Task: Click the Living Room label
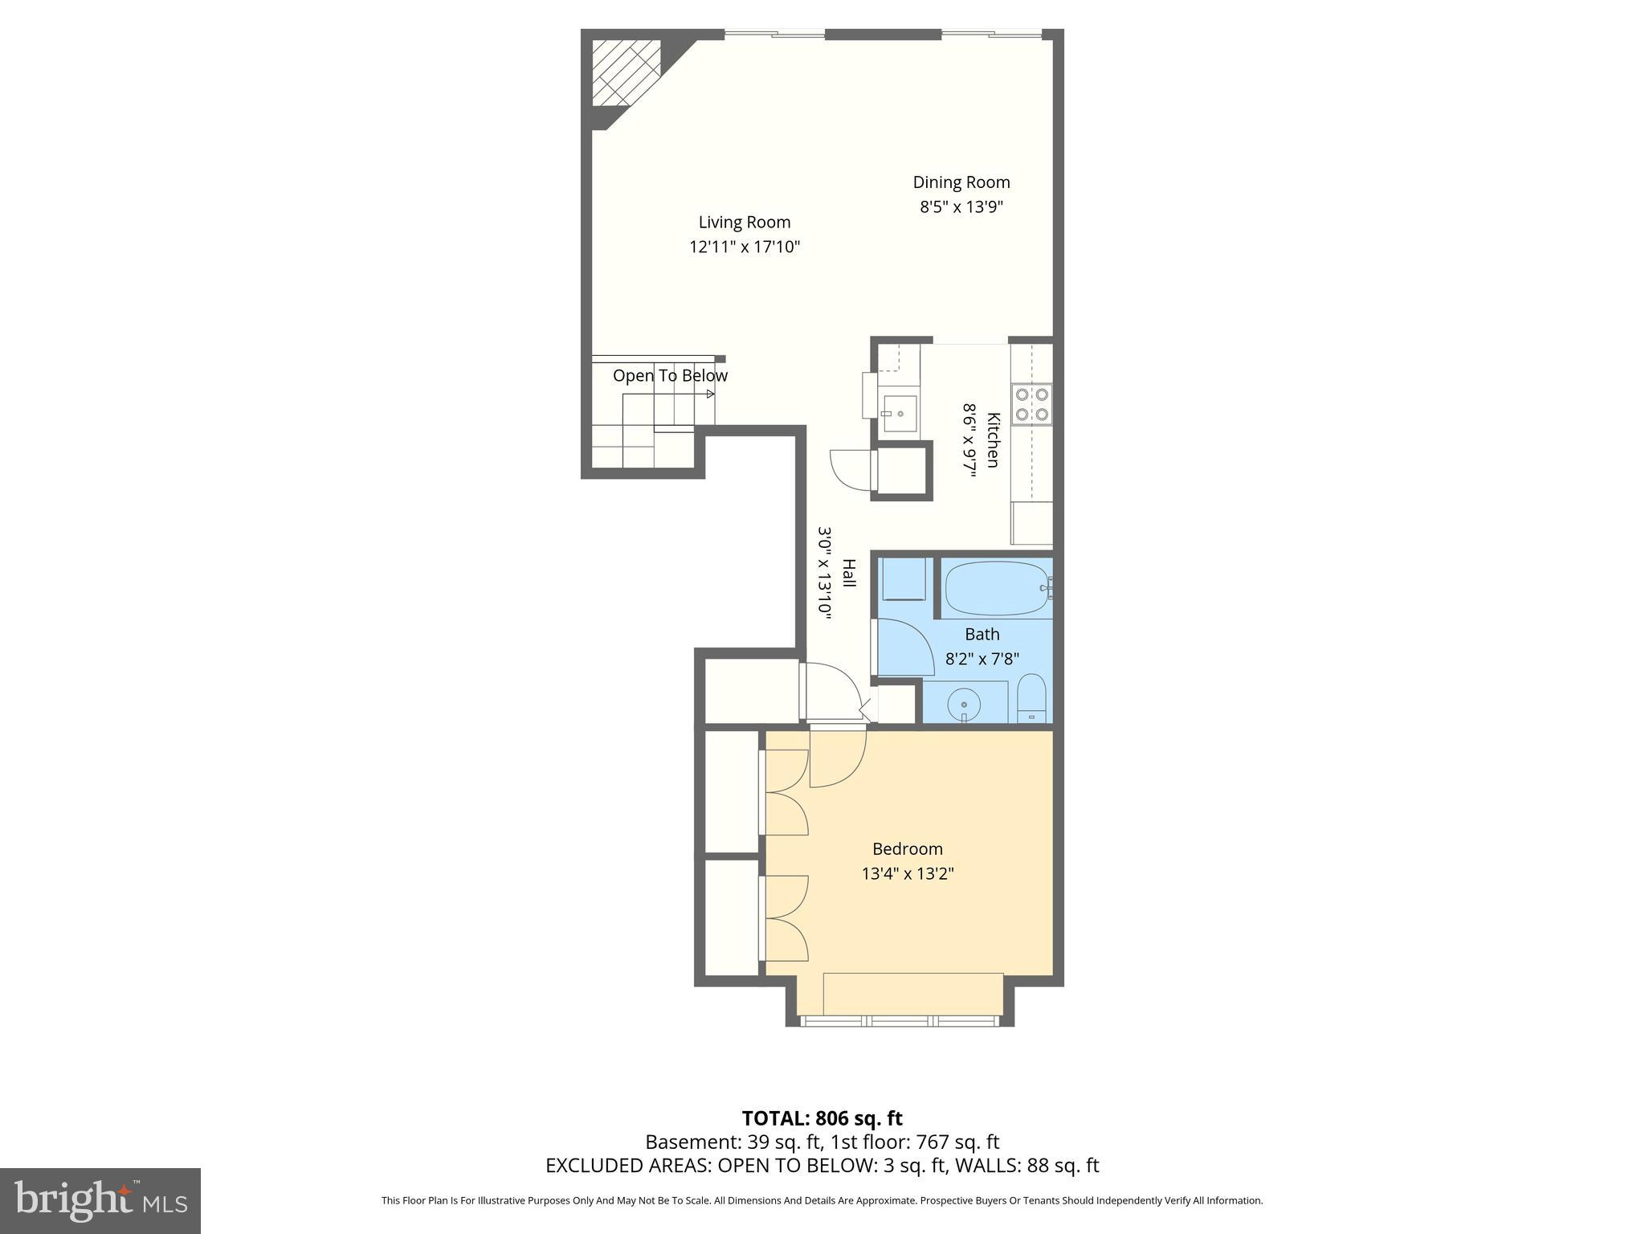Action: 744,223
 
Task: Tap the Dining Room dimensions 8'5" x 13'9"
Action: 961,207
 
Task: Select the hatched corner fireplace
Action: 625,72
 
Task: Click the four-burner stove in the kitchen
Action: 1031,404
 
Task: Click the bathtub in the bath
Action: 996,588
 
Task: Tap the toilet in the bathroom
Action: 1031,698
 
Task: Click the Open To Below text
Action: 670,376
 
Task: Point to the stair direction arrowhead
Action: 711,394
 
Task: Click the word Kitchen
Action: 994,440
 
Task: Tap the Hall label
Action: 848,573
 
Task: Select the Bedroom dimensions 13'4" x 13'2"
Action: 908,873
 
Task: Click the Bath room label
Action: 982,635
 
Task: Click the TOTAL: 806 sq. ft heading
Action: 822,1118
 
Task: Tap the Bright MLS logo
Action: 100,1200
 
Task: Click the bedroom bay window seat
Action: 913,994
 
